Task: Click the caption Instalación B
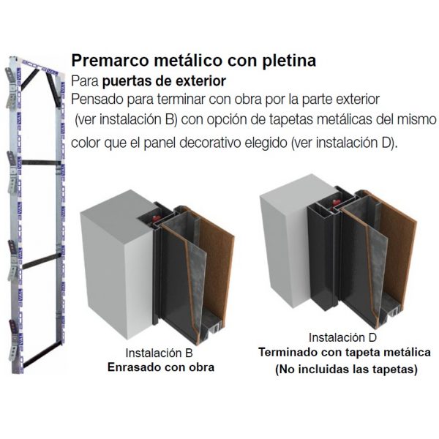click(x=157, y=353)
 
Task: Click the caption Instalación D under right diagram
click(x=342, y=338)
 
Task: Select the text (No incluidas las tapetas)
click(x=345, y=370)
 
